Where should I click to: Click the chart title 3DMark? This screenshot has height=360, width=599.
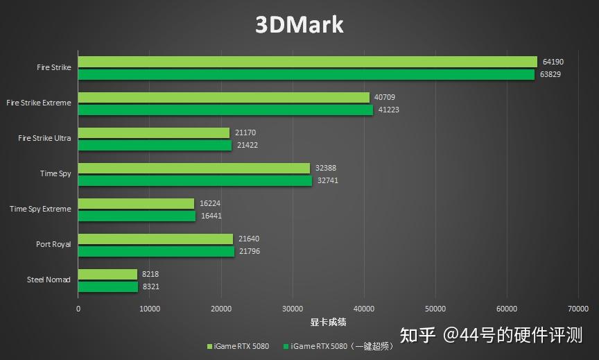coord(299,25)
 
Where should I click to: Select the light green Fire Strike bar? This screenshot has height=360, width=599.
coord(307,62)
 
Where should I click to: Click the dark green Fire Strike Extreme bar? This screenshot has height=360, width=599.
coord(225,110)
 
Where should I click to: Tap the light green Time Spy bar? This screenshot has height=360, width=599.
coord(193,168)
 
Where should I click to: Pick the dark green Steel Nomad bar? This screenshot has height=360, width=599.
coord(107,286)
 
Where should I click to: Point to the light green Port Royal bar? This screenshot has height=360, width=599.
coord(155,239)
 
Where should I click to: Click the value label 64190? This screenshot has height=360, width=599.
coord(553,62)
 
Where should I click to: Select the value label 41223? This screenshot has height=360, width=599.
coord(388,110)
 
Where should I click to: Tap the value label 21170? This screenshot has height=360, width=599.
coord(246,132)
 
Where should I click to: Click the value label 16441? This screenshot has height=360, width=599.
coord(211,216)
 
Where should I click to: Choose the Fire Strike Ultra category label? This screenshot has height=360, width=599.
coord(44,138)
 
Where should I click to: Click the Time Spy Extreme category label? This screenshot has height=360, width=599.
coord(40,209)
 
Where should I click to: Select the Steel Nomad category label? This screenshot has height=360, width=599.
coord(49,280)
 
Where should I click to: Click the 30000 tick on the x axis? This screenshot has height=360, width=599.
coord(293,309)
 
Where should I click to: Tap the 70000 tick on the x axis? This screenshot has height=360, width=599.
coord(578,309)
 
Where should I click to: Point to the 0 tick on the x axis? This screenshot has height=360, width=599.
coord(78,309)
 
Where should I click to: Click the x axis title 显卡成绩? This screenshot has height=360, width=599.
coord(328,322)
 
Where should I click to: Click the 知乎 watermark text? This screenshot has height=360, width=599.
coord(418,336)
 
